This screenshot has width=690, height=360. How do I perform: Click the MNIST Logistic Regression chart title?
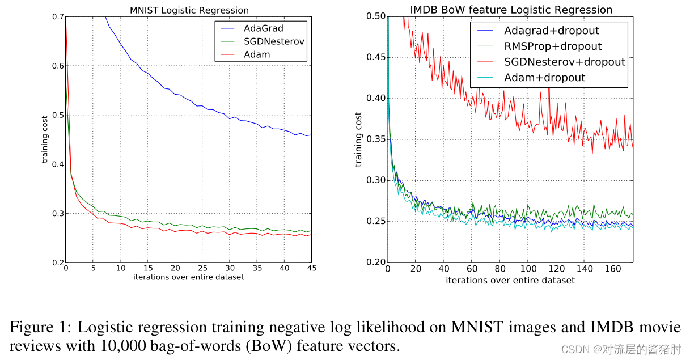coord(189,10)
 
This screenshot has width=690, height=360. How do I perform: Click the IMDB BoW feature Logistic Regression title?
coord(511,10)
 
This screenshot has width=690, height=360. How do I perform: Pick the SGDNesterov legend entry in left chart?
coord(274,41)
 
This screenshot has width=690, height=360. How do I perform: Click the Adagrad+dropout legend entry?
coord(551,31)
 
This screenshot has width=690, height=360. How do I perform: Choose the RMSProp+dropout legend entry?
coord(553,46)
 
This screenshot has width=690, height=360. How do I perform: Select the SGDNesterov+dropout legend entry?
coord(564,62)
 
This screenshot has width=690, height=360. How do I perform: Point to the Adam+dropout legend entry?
coord(544,78)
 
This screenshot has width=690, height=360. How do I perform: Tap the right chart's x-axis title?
coord(510,281)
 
